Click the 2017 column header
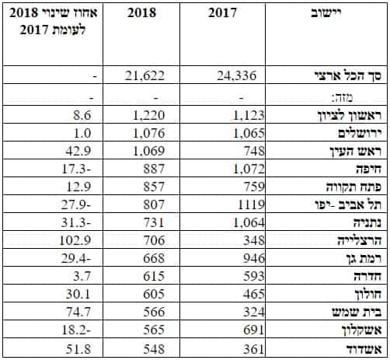[222, 12]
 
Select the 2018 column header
[141, 12]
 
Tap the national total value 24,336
[237, 75]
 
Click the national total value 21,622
[145, 75]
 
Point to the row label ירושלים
[360, 133]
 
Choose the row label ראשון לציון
[350, 115]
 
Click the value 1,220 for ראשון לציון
[148, 115]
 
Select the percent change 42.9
[78, 151]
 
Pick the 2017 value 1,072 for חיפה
[249, 169]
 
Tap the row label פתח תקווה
[353, 187]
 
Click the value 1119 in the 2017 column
[251, 204]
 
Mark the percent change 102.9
[75, 240]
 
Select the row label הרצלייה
[360, 240]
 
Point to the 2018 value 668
[154, 258]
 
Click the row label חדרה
[367, 276]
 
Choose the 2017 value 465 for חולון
[254, 294]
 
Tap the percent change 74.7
[78, 312]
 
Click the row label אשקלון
[361, 330]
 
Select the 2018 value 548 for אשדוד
[154, 349]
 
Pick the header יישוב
[326, 12]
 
